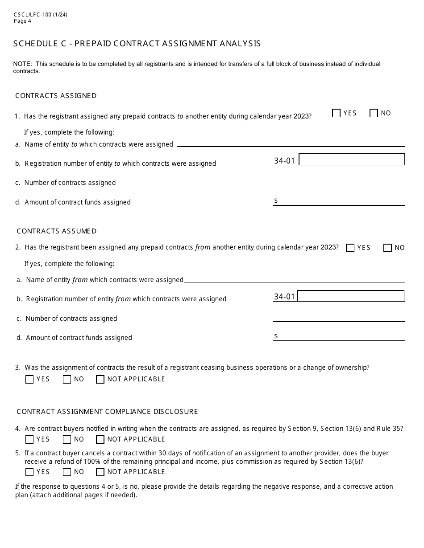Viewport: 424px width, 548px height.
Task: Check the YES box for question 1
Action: point(337,113)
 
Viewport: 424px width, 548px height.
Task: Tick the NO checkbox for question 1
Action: point(374,113)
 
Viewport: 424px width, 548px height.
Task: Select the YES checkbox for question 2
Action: point(350,248)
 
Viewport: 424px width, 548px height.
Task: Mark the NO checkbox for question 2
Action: point(387,248)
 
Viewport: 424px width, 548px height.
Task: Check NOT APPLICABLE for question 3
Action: point(100,379)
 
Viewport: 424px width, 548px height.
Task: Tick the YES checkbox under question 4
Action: point(29,439)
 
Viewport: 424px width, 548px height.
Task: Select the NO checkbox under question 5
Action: point(67,472)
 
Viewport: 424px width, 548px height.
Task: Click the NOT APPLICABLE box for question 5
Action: point(100,472)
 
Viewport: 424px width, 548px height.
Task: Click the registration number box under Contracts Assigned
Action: point(352,159)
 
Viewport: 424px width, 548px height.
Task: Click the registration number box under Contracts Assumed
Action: point(351,296)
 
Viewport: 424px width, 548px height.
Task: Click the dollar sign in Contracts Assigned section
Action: point(276,201)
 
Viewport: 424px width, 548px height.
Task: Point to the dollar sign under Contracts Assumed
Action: point(276,336)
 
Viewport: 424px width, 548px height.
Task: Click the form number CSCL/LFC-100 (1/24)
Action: point(40,15)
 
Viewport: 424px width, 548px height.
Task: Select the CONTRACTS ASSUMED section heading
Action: point(57,231)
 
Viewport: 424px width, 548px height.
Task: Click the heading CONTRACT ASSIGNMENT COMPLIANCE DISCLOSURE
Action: point(107,412)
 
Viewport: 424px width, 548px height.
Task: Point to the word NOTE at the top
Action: point(21,64)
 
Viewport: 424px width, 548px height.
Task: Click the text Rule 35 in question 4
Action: point(390,429)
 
